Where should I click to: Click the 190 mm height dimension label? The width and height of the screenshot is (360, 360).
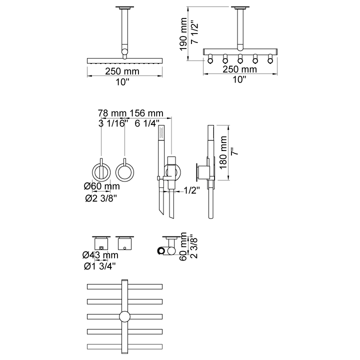(183, 34)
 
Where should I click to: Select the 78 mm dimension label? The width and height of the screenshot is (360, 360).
(112, 113)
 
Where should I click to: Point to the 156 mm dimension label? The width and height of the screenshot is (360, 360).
(146, 113)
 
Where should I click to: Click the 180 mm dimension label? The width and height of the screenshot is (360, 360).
(223, 152)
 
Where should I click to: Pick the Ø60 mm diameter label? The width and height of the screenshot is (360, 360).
(102, 186)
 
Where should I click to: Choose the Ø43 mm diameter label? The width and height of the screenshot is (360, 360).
(100, 255)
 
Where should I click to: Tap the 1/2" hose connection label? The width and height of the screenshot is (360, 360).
(191, 190)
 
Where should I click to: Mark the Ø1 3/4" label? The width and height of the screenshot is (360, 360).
(100, 266)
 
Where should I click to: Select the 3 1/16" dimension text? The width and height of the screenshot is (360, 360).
(113, 123)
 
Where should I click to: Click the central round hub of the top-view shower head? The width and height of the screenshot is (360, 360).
(124, 316)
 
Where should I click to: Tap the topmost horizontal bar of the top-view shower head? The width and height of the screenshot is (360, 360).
(124, 287)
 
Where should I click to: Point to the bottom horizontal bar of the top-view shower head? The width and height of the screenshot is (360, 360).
(124, 346)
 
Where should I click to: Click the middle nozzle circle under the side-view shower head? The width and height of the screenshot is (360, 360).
(240, 60)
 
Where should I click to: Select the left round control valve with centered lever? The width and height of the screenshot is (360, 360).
(101, 171)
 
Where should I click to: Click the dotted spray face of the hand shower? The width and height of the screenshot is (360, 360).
(161, 132)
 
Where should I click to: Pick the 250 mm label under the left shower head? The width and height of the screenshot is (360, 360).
(122, 71)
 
